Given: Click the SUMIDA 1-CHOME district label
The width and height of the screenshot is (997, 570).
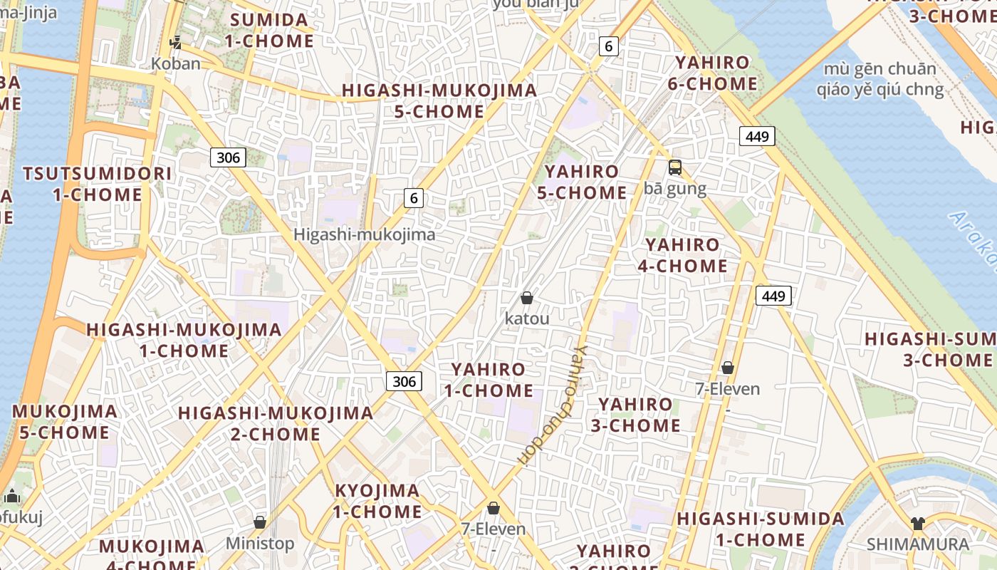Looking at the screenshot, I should point(269,30).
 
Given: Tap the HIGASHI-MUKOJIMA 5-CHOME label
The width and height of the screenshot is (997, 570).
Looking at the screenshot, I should point(439,101).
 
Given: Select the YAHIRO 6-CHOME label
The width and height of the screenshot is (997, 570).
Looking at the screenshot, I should point(712,73).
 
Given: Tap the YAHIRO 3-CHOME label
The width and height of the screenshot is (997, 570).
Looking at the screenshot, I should point(635,415).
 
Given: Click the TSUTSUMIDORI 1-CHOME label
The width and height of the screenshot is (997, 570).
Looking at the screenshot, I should point(97,184).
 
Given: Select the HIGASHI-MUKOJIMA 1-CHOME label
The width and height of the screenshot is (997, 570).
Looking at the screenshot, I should point(184,340).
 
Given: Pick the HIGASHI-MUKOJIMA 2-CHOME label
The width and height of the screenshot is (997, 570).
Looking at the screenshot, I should point(275,423).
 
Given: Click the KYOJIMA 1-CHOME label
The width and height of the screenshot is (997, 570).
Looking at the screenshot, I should point(377,501).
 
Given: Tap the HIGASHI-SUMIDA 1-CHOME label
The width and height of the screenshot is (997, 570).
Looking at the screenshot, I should point(761,529).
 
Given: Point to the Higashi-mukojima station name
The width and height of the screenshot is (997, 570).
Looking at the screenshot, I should point(364,234).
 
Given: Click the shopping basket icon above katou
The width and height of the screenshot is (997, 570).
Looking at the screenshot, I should point(527,298).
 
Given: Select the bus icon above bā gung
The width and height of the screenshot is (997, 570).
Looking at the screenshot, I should point(674,168).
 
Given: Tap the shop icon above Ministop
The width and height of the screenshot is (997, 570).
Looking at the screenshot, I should point(260,523).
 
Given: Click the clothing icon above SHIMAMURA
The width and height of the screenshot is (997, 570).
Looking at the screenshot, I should point(917,524).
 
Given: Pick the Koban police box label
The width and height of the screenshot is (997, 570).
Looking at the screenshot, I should point(176,63).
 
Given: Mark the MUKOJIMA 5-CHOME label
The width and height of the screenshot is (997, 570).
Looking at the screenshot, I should point(64,422).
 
